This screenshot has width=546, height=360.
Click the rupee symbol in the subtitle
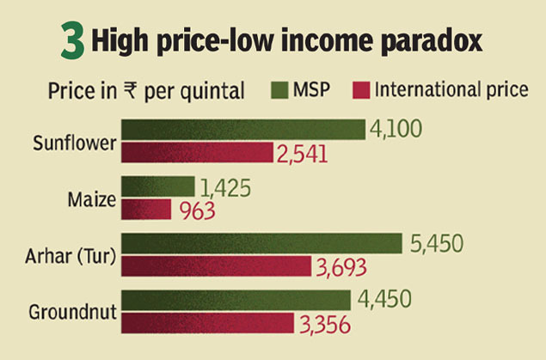[x=132, y=89]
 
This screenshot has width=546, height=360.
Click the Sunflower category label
[x=74, y=143]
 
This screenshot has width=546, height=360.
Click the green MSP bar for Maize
[x=158, y=186]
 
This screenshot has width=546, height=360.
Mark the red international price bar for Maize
[x=146, y=210]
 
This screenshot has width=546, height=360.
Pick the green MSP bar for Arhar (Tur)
[x=262, y=243]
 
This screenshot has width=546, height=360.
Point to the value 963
[x=197, y=211]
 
